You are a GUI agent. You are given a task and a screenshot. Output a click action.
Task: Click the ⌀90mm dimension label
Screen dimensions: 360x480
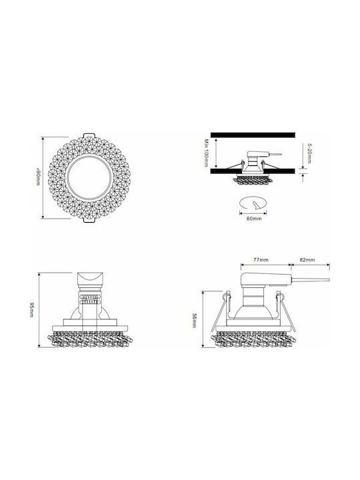pos(38,177)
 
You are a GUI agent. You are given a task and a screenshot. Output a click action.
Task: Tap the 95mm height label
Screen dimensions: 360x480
pos(31,310)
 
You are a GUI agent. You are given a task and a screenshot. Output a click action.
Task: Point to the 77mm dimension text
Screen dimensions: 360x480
pos(261,259)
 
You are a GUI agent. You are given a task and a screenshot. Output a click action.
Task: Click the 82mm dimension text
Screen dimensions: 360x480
pos(307,259)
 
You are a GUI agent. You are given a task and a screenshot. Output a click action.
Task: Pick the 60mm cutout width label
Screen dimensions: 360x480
pos(254,219)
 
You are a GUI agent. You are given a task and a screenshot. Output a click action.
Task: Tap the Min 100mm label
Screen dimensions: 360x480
pos(207,153)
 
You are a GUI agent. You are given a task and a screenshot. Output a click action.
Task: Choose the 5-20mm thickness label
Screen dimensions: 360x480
pos(309,154)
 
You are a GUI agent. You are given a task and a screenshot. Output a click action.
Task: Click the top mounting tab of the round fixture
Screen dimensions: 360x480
pos(89,135)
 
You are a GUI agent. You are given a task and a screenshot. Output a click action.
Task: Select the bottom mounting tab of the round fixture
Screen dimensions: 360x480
pos(89,220)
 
